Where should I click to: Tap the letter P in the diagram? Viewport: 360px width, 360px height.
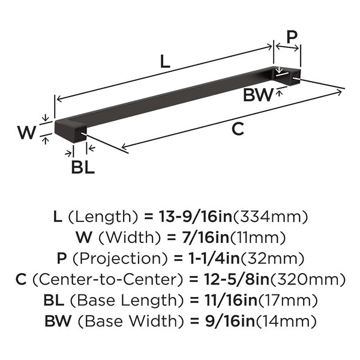pyautogui.click(x=292, y=37)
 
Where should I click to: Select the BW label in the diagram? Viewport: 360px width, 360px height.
pyautogui.click(x=258, y=95)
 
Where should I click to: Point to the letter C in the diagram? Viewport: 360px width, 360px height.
pyautogui.click(x=238, y=129)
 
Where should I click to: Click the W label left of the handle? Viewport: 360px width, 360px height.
pyautogui.click(x=27, y=133)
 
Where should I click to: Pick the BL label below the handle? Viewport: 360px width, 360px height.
pyautogui.click(x=83, y=167)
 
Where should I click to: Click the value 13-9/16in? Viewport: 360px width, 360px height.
pyautogui.click(x=196, y=217)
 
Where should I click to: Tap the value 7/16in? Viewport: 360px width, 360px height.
pyautogui.click(x=205, y=238)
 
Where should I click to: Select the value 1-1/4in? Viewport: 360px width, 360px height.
pyautogui.click(x=214, y=258)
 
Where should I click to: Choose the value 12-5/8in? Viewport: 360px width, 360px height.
pyautogui.click(x=237, y=279)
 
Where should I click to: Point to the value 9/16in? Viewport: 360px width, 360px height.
pyautogui.click(x=230, y=321)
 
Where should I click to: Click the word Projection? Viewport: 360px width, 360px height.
pyautogui.click(x=121, y=259)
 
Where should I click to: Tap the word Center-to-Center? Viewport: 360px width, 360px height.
pyautogui.click(x=108, y=280)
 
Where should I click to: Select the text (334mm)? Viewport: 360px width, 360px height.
pyautogui.click(x=271, y=217)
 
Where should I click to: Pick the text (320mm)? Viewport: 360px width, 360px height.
pyautogui.click(x=307, y=280)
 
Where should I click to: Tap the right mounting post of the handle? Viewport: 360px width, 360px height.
pyautogui.click(x=295, y=77)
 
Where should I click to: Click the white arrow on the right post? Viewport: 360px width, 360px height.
pyautogui.click(x=279, y=70)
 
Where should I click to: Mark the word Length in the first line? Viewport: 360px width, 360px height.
pyautogui.click(x=103, y=217)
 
